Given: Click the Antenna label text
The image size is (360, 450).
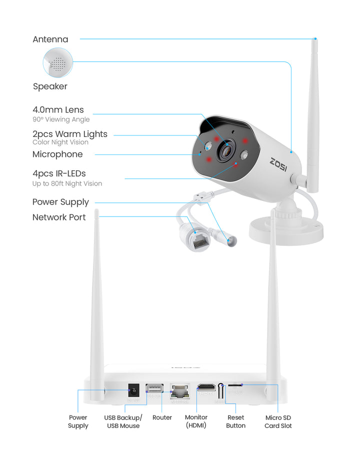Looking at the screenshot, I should tap(50, 39).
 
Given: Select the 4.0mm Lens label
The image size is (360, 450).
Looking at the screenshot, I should tap(58, 109).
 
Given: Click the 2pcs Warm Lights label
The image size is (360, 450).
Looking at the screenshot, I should tap(70, 134).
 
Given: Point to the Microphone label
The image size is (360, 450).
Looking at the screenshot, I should tap(57, 154).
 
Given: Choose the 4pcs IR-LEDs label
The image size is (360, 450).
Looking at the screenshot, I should tap(59, 173).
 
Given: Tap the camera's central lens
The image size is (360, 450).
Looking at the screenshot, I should tap(227, 148).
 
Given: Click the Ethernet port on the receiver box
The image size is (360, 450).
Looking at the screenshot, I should tap(178, 390).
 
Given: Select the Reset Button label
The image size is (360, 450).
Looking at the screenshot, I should tap(235, 421).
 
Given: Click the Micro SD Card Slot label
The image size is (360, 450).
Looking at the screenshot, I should tap(278, 421).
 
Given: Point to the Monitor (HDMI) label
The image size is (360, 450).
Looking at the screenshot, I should tap(196, 421).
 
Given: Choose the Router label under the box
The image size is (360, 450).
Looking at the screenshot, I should tap(162, 417).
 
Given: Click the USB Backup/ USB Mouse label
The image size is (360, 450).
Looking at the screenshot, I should tap(123, 421).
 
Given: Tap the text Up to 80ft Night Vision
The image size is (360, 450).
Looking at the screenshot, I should tap(67, 183).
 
